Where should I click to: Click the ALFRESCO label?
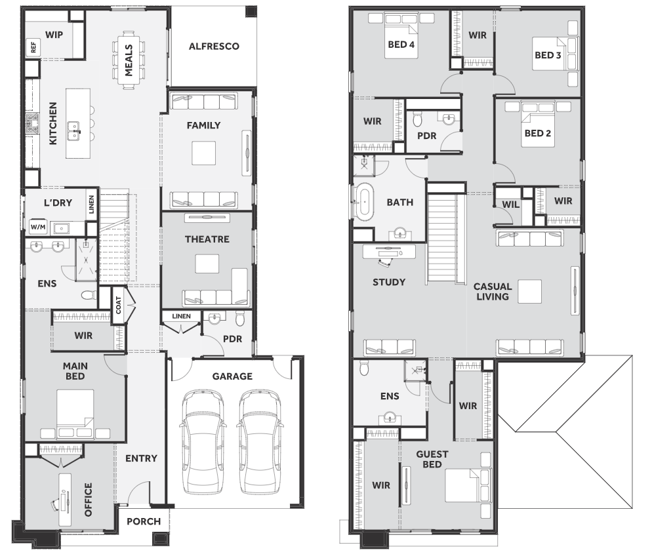(214, 46)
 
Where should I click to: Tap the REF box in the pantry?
(33, 47)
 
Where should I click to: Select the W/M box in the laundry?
(38, 227)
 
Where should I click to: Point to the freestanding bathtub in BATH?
(365, 202)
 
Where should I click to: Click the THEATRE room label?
(207, 239)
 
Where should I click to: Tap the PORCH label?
(144, 521)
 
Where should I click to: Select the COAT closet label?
(119, 305)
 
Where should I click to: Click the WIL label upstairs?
(510, 205)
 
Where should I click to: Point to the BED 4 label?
(401, 45)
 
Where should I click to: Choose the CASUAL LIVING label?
(493, 292)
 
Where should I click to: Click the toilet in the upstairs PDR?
(418, 119)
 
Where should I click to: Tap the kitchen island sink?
(74, 130)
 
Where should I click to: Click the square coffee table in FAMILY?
(204, 153)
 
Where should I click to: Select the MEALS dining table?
(129, 60)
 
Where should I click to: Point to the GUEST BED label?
(432, 459)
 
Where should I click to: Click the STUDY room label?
(389, 283)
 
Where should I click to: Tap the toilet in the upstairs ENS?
(364, 367)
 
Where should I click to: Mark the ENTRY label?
(142, 458)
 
